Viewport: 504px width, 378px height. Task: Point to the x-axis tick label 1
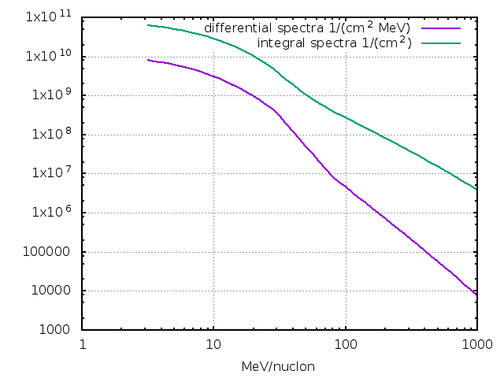point(83,345)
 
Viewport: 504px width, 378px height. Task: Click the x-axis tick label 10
point(213,345)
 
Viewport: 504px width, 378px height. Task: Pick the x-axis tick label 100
point(345,345)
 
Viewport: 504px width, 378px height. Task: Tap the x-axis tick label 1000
point(476,345)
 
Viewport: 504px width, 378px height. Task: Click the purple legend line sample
point(440,28)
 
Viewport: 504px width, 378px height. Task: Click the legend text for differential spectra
point(307,28)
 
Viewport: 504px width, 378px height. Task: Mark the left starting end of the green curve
point(148,25)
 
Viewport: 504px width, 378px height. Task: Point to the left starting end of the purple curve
point(148,60)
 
